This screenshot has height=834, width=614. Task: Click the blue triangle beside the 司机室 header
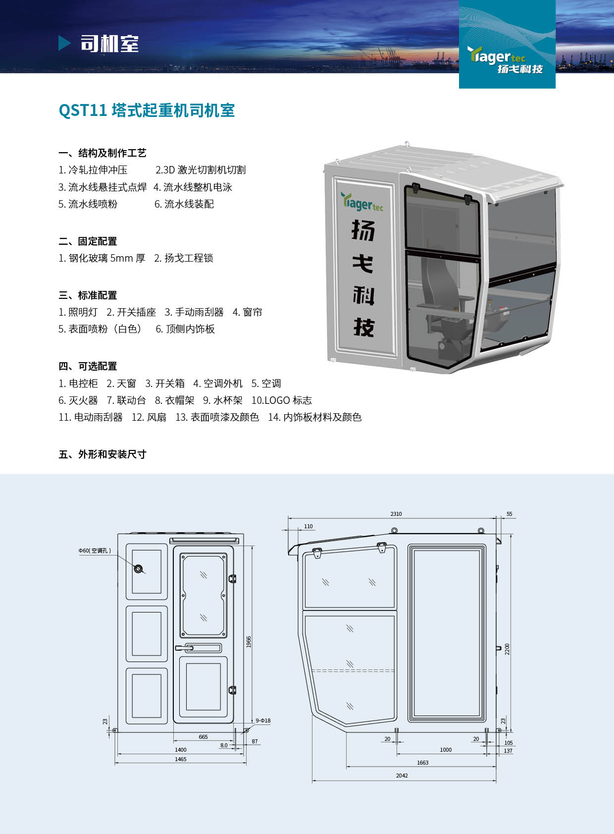(x=64, y=43)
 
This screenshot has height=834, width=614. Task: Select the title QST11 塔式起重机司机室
(x=147, y=110)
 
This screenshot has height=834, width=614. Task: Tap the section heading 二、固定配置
(x=88, y=241)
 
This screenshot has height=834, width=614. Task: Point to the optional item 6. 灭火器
(x=78, y=400)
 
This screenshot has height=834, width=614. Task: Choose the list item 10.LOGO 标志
(x=282, y=400)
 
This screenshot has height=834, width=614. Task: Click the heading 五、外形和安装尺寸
(x=102, y=454)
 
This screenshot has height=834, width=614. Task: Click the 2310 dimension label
(x=396, y=514)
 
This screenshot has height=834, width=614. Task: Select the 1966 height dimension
(x=249, y=642)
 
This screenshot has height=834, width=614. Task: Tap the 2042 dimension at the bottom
(x=402, y=776)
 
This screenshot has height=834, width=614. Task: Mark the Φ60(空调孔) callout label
(x=95, y=550)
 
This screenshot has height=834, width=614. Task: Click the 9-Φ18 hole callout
(x=263, y=721)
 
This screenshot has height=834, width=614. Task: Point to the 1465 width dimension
(x=180, y=759)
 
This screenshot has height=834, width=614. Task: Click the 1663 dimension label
(x=423, y=763)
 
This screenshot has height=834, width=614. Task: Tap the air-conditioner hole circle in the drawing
(x=139, y=569)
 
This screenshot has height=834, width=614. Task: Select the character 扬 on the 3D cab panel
(x=363, y=230)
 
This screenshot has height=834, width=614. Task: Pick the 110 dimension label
(x=308, y=526)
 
